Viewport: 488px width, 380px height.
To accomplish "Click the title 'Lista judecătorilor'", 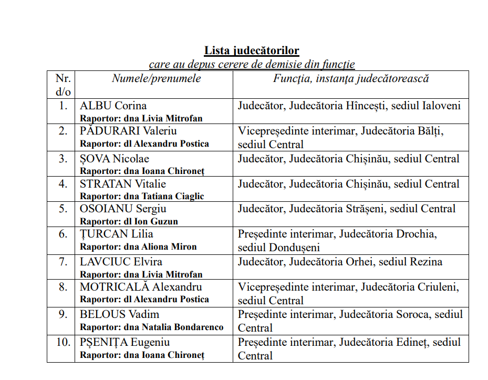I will click(252, 51).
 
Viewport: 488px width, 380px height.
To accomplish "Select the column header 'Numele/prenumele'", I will click(156, 79).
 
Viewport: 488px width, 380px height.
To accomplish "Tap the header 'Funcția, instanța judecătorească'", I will click(351, 79).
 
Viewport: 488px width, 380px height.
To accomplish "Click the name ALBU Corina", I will click(113, 106).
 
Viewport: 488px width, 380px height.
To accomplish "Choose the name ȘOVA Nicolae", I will click(114, 159).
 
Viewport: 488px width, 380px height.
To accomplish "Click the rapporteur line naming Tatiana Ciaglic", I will click(142, 196).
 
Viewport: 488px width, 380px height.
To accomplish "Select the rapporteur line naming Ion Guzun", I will click(129, 221).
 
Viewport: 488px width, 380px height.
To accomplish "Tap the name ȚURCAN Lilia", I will click(116, 234).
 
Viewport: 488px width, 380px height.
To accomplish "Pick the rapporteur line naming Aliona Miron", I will click(138, 247).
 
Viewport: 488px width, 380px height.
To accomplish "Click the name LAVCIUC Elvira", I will click(121, 262).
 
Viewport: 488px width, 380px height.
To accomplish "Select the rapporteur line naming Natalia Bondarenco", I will click(151, 327).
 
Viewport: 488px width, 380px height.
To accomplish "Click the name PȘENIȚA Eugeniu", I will click(124, 342).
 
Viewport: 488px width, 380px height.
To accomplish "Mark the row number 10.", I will click(63, 342).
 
